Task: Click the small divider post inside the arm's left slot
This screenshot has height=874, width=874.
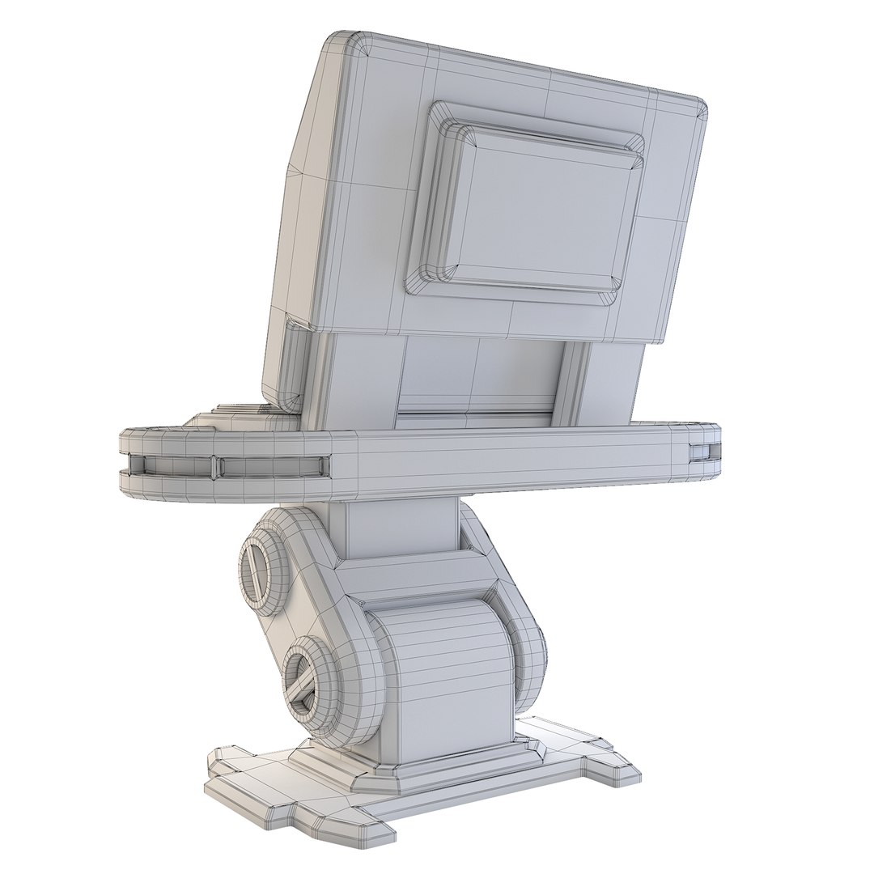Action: click(214, 465)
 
